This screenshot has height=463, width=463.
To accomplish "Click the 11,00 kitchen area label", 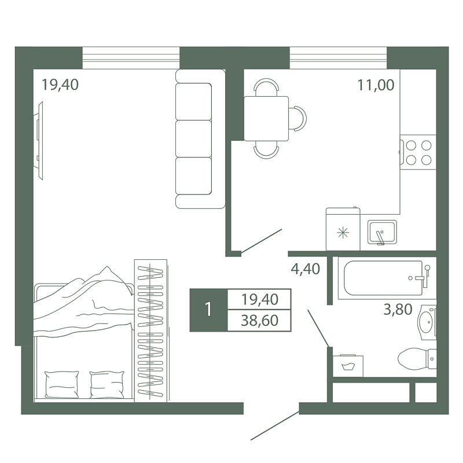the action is pos(376,85).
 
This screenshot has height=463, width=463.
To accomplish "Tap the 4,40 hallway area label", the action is pos(306,269).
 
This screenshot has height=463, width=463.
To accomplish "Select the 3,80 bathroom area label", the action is pos(398,310).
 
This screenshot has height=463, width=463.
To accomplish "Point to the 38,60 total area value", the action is pos(259,321).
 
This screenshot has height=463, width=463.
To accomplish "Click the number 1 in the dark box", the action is pos(209,310).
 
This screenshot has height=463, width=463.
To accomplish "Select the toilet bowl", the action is pos(417,359).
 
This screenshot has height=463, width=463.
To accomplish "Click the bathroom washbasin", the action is pos(427,322).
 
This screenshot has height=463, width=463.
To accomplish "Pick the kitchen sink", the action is pos(382,232).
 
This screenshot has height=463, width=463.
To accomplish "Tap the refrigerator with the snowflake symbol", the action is pos(343,229).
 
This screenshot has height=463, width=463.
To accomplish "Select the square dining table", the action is pos(266,119).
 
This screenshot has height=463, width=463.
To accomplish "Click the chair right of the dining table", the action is pos(297,119).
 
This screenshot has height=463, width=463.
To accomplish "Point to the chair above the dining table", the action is pos(266,87).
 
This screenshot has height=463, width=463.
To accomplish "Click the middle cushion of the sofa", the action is pos(193,138).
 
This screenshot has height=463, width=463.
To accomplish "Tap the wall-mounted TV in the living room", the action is pos(39,141).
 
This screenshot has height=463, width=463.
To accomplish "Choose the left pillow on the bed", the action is pos(62,384).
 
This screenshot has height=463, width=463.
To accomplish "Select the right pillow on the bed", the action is pos(107,384).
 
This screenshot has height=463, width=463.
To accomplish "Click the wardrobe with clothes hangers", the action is pos(151,330).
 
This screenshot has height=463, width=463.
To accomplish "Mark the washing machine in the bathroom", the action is pos(348,366).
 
